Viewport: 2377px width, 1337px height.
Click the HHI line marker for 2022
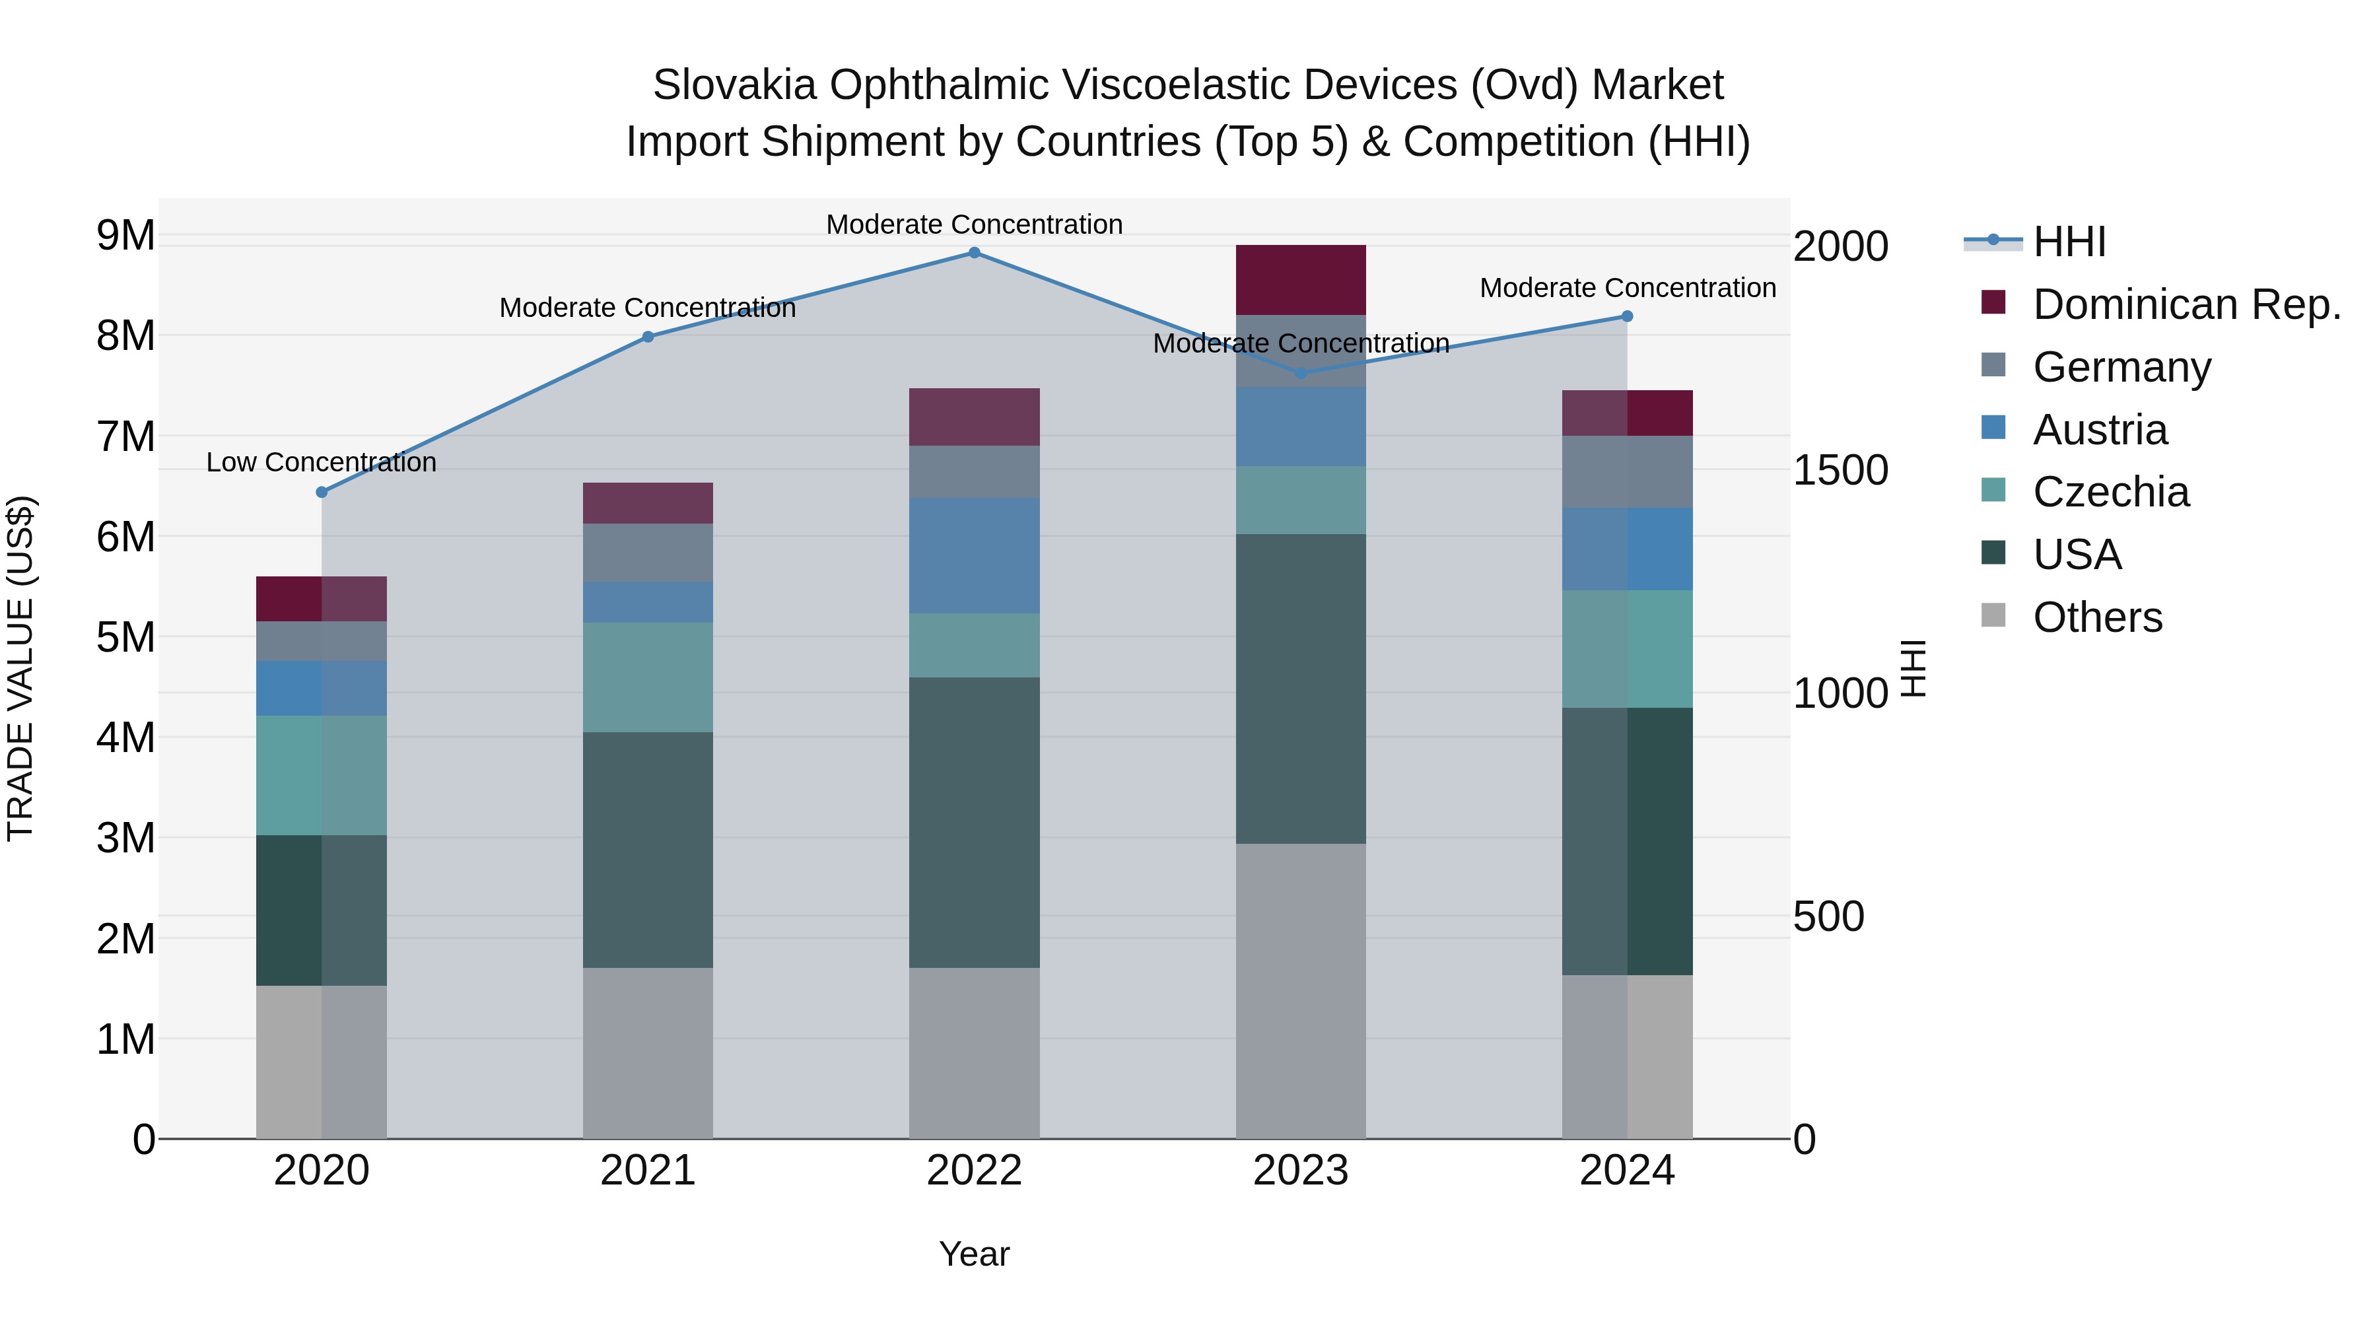[x=975, y=252]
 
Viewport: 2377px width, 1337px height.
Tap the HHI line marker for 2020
[x=321, y=492]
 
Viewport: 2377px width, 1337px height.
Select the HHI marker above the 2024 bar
[x=1627, y=316]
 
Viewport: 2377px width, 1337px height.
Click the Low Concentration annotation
[x=321, y=462]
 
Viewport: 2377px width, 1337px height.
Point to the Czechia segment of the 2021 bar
[x=648, y=677]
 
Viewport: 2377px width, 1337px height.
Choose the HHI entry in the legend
[x=2069, y=242]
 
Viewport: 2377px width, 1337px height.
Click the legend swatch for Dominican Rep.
[x=1993, y=302]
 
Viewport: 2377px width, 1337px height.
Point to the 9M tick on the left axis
[x=126, y=236]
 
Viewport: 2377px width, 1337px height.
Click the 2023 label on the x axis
[x=1300, y=1171]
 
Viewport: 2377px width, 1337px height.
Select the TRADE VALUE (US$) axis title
[x=21, y=668]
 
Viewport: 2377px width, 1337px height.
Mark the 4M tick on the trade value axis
[x=126, y=737]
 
